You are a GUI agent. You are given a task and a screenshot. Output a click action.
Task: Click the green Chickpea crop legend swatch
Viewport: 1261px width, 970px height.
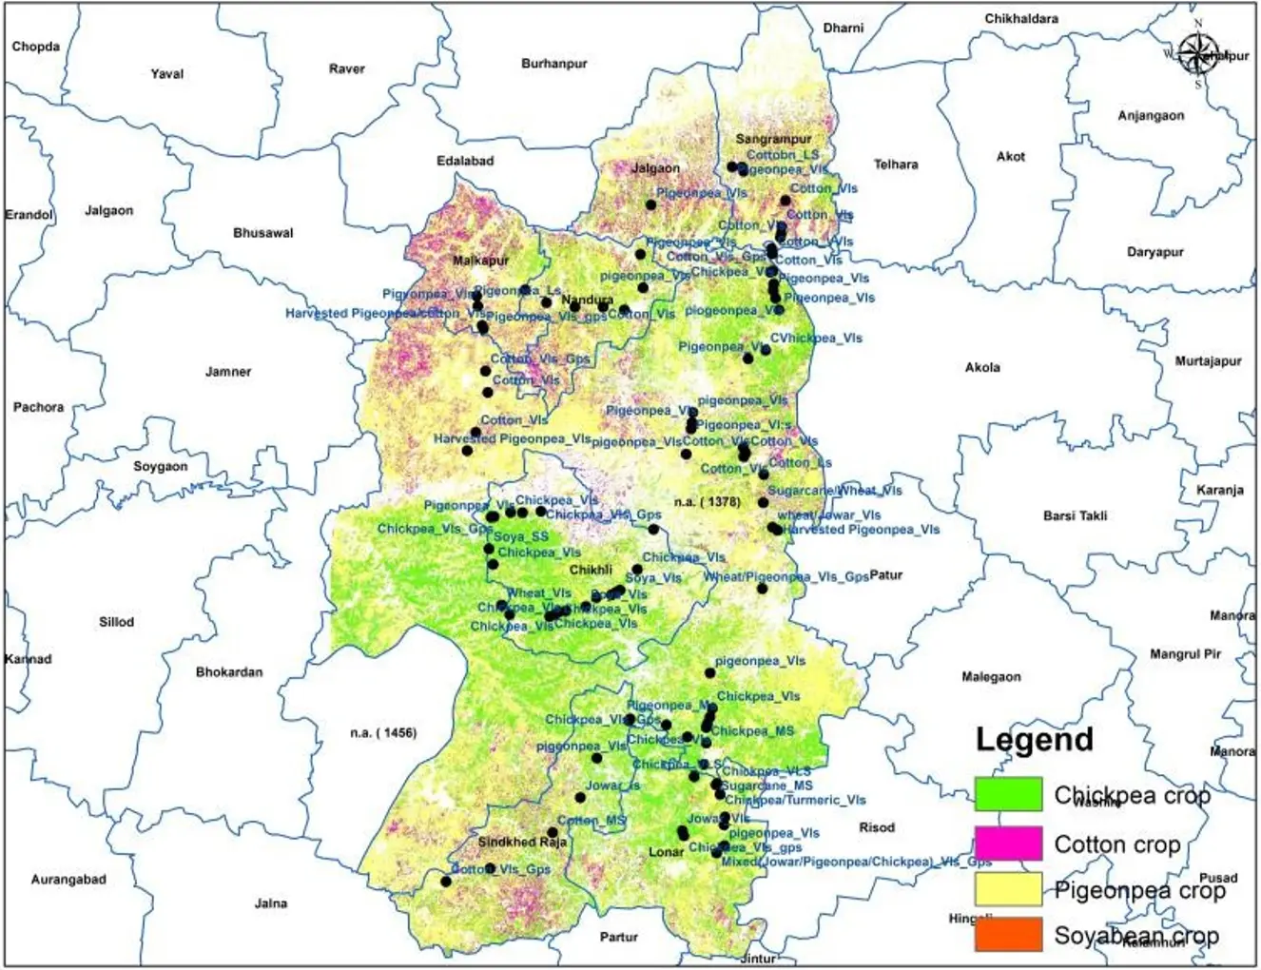[x=1008, y=793]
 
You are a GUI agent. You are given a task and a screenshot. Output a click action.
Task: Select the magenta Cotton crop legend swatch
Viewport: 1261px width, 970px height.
[x=1008, y=843]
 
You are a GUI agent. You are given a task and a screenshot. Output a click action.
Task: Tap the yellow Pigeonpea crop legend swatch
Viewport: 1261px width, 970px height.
[x=1008, y=889]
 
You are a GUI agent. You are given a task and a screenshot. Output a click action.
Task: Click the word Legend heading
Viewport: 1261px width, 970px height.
[x=1034, y=740]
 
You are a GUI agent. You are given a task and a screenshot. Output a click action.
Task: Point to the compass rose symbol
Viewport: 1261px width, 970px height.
[x=1197, y=53]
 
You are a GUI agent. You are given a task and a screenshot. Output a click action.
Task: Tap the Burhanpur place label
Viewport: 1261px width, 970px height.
[x=553, y=64]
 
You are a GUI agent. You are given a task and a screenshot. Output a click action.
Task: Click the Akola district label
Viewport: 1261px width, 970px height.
[x=982, y=367]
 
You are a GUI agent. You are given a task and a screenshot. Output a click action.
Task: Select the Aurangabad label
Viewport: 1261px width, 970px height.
[x=68, y=880]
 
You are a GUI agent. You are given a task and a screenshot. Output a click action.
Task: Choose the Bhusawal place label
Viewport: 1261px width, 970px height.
[x=263, y=233]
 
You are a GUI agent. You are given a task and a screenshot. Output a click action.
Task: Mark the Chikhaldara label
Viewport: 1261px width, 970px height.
[x=1021, y=19]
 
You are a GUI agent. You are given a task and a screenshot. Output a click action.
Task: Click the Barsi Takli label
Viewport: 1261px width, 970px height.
[x=1075, y=515]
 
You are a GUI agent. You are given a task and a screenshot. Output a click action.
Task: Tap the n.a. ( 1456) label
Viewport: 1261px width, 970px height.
[x=382, y=733]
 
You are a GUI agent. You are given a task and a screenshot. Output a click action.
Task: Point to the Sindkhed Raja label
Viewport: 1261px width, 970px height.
[x=522, y=843]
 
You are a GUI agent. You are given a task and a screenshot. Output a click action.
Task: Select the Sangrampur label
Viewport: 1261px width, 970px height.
[x=773, y=139]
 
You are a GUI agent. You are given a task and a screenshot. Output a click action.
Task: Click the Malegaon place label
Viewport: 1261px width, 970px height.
[x=991, y=677]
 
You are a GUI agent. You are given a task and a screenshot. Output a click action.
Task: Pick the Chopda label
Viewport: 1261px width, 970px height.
[x=36, y=47]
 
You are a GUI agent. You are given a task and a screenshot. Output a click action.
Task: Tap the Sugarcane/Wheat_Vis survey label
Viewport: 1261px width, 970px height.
[x=834, y=491]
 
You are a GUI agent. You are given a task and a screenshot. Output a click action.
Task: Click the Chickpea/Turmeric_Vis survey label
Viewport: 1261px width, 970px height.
[x=795, y=801]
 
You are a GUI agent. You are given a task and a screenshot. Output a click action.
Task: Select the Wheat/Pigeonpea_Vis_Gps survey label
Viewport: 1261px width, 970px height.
[x=786, y=577]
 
